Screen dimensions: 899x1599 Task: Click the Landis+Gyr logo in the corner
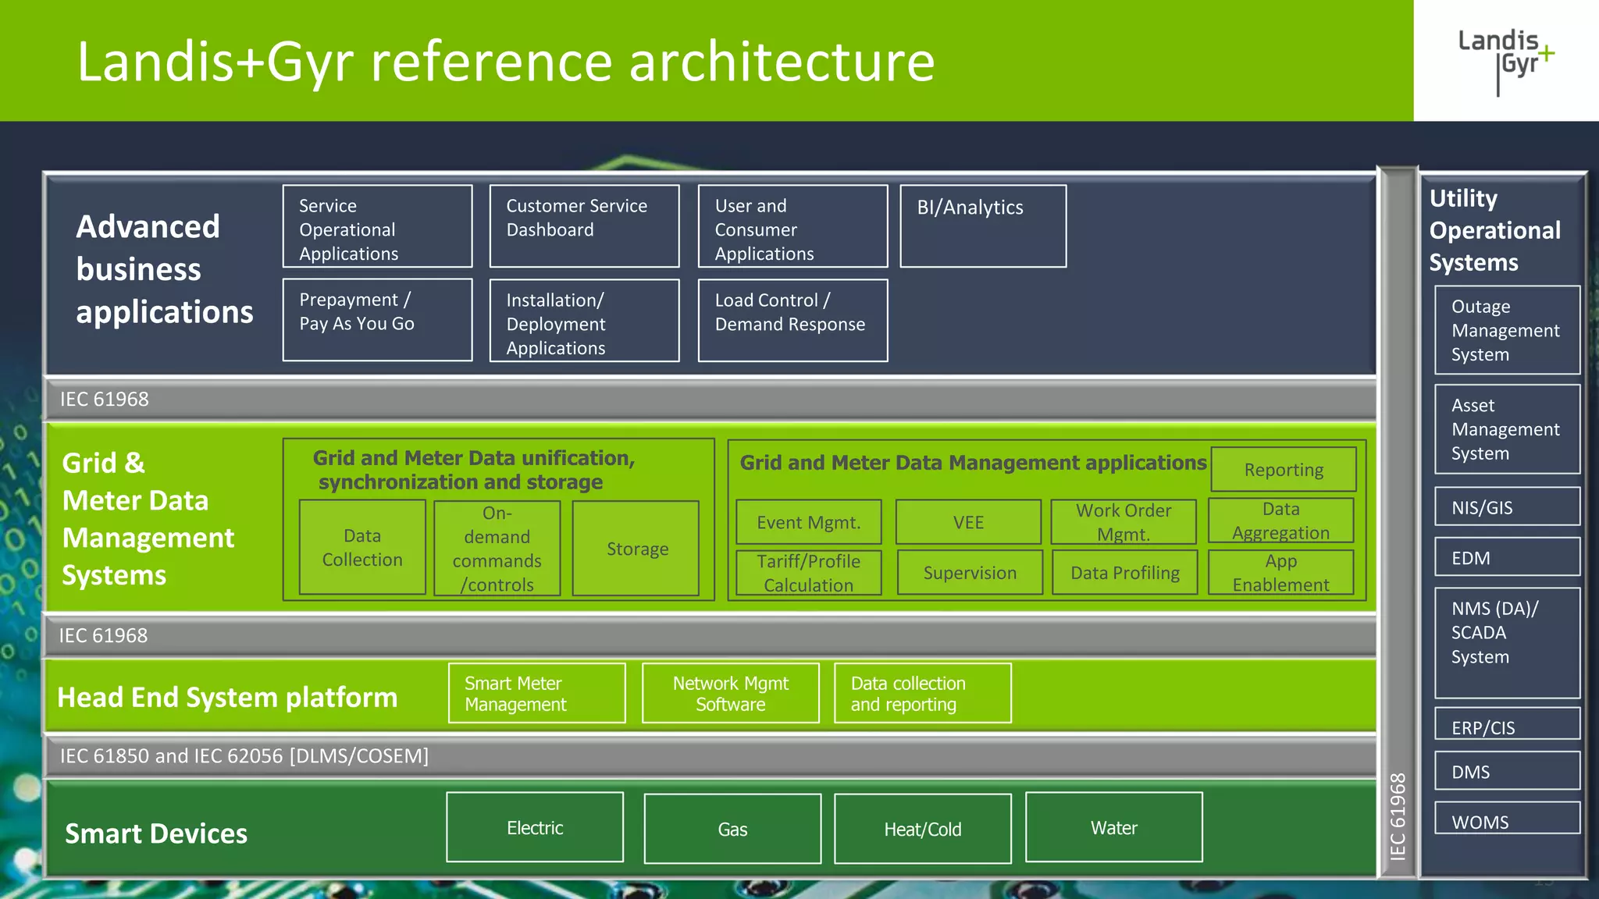[1505, 60]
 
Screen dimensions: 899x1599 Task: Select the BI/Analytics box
[983, 226]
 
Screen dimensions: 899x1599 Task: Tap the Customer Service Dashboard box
[584, 226]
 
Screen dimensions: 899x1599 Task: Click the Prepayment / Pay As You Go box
[377, 319]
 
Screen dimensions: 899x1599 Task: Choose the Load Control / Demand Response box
[792, 320]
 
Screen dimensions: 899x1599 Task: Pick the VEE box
[968, 522]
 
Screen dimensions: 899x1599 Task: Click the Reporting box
[1283, 470]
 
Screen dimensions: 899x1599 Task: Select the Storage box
[636, 549]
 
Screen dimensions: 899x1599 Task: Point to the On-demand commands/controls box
[497, 549]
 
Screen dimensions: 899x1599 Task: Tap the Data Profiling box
[1124, 573]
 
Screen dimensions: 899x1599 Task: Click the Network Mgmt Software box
[730, 693]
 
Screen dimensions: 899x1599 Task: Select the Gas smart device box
[732, 829]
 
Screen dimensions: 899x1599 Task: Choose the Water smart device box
[1113, 827]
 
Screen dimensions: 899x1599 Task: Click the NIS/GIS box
[1507, 507]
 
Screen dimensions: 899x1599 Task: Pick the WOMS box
[1507, 819]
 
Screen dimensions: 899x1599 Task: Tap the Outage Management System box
[1507, 330]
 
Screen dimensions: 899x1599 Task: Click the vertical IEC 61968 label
[1398, 815]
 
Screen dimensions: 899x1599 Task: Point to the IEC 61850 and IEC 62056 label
[244, 755]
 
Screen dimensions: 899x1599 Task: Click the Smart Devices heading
[156, 833]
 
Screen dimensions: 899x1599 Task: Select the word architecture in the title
[782, 62]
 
